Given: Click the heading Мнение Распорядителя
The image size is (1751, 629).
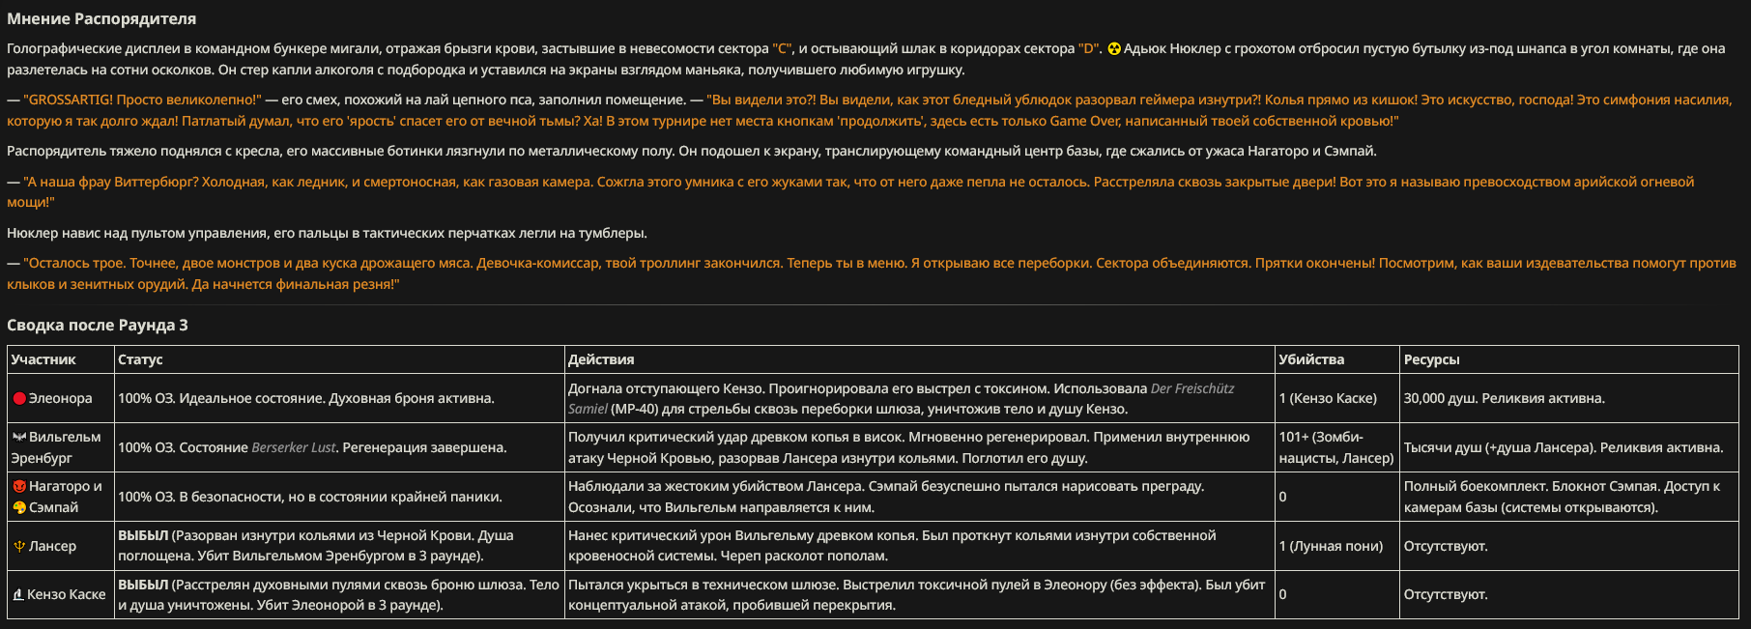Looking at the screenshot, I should (x=101, y=18).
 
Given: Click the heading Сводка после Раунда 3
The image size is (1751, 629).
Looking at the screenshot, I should (x=98, y=325).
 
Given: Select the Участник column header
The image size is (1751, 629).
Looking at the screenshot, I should (x=43, y=359).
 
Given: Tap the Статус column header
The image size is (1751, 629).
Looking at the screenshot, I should (x=140, y=359).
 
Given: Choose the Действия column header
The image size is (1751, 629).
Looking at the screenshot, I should (x=601, y=359).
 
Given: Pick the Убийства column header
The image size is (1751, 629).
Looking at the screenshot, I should (x=1311, y=359).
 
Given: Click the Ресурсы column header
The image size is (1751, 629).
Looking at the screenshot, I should (x=1431, y=359).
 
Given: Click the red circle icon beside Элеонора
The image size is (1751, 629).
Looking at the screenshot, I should (x=19, y=399).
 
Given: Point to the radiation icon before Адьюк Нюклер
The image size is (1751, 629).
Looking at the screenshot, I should (x=1114, y=49).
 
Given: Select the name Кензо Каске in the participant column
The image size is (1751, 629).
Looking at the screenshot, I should (x=66, y=594).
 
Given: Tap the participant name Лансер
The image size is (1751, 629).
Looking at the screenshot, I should (x=52, y=546).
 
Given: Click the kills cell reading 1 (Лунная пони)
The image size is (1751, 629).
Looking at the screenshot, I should (x=1331, y=546).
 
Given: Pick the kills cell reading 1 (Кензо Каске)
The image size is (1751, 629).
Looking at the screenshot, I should (x=1328, y=398).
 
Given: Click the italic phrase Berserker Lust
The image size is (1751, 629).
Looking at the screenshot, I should (x=294, y=447).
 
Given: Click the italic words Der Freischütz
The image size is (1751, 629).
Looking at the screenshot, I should (x=1192, y=388).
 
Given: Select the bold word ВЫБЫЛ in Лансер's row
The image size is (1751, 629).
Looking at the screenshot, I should (x=143, y=535).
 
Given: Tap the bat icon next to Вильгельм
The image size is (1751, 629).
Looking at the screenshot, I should (x=19, y=437).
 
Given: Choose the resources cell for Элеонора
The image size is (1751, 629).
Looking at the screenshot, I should (x=1504, y=398).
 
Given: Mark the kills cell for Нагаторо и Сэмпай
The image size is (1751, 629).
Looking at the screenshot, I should (x=1282, y=497).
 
